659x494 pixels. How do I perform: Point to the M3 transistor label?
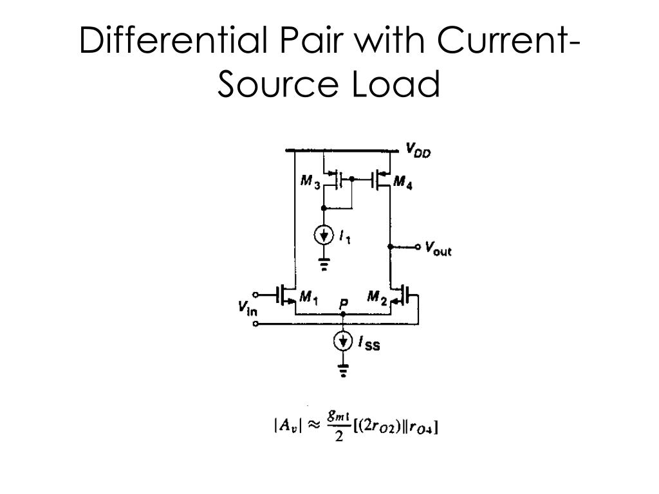[x=310, y=183]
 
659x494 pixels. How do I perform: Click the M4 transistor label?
[x=403, y=183]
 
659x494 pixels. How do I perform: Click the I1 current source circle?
[x=324, y=235]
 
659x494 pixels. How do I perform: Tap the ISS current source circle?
[x=343, y=342]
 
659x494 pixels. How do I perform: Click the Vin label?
[x=246, y=309]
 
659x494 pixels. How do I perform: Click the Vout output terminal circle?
[x=418, y=246]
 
